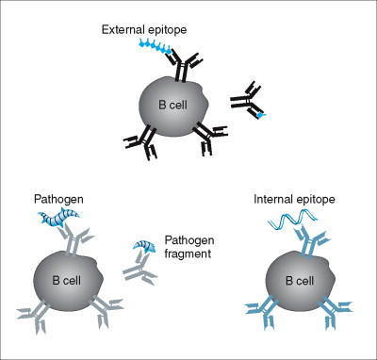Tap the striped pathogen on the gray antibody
(59, 223)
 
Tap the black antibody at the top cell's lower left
(141, 140)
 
